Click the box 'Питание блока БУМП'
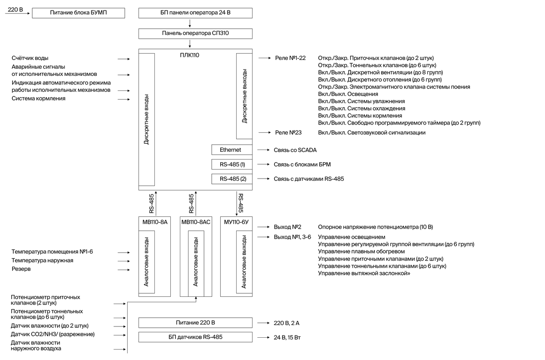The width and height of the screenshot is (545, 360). click(x=78, y=13)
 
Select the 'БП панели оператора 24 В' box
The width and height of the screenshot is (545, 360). click(x=195, y=13)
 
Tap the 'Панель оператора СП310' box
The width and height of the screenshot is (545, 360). click(x=195, y=34)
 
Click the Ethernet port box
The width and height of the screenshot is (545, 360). click(x=232, y=150)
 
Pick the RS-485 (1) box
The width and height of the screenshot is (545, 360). click(x=232, y=165)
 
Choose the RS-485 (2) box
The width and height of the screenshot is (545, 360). click(x=232, y=179)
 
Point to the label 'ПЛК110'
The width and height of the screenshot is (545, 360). click(x=189, y=55)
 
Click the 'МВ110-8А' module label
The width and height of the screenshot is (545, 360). click(x=155, y=222)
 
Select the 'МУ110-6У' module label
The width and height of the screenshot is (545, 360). click(x=236, y=222)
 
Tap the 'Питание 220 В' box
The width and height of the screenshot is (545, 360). click(x=195, y=323)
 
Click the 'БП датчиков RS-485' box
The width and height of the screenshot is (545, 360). click(x=195, y=337)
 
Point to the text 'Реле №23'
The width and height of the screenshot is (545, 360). click(x=288, y=133)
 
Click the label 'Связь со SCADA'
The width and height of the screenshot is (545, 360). click(x=295, y=150)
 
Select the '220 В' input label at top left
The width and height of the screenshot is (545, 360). click(x=15, y=10)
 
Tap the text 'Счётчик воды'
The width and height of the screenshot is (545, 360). click(x=30, y=58)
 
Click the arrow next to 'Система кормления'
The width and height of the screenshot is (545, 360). click(x=124, y=100)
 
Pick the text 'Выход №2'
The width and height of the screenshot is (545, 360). click(x=287, y=227)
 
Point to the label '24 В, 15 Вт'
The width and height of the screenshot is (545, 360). click(x=287, y=338)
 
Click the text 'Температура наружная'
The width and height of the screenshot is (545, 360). click(x=42, y=260)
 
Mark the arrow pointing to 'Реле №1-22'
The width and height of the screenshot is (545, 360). click(x=265, y=58)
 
